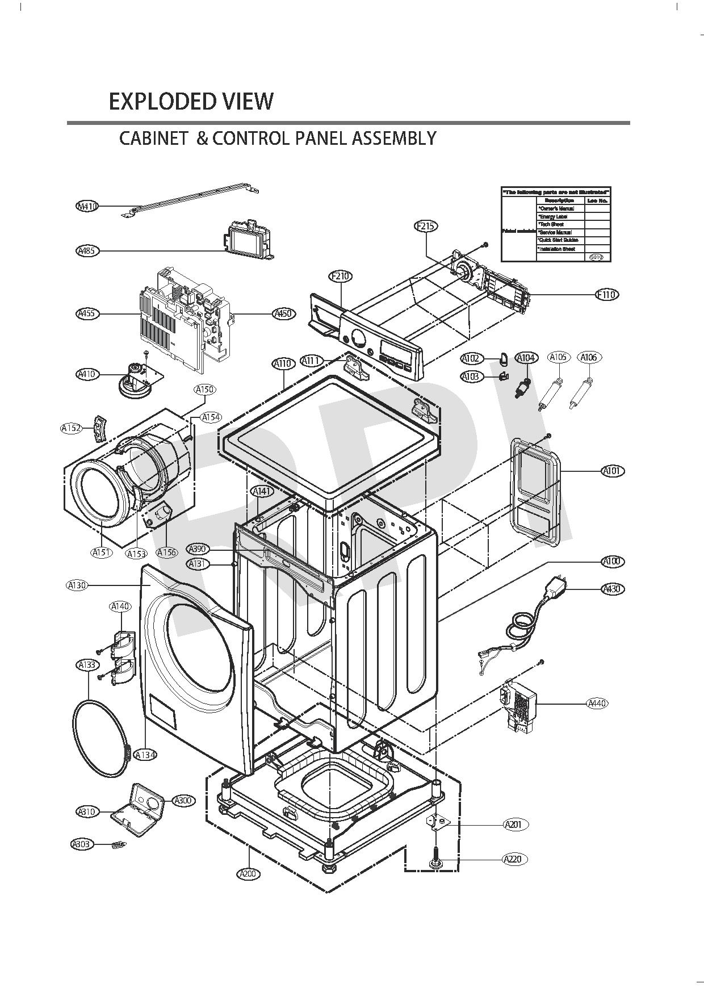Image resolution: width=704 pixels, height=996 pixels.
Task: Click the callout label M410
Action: coord(87,206)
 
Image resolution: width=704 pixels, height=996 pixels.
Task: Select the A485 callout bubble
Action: coord(87,250)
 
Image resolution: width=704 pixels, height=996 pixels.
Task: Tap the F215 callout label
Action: coord(426,226)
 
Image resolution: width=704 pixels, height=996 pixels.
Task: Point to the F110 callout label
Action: coord(607,295)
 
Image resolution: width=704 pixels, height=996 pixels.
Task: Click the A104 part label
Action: coord(526,358)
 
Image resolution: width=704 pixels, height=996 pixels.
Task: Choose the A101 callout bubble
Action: coord(613,471)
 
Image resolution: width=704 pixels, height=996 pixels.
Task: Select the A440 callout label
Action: coord(597,704)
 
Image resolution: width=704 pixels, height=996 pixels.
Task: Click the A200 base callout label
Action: coord(248,874)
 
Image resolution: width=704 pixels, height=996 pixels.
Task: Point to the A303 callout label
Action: coord(82,844)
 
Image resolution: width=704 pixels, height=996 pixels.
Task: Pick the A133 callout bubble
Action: coord(87,664)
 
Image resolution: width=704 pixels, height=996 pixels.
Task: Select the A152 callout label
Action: coord(71,428)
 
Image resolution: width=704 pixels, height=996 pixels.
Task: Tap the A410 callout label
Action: coord(87,374)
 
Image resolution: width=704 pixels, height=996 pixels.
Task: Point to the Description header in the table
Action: coord(560,200)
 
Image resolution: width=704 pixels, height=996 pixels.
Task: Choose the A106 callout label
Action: coord(589,357)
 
